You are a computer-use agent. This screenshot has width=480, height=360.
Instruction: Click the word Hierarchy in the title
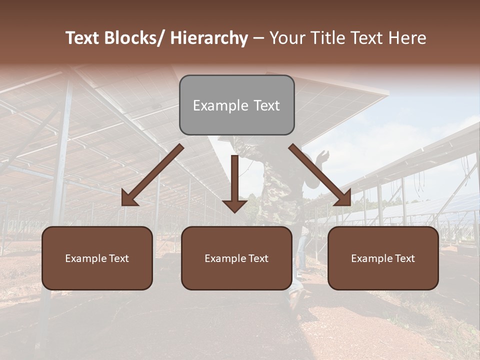pos(209,38)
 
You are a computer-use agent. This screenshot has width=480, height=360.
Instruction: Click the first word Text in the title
pos(83,38)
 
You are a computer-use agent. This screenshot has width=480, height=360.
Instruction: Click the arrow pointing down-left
pos(152,175)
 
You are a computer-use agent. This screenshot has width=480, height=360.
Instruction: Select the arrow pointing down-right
pos(320,175)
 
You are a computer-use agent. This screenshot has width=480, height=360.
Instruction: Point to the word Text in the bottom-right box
pos(404,258)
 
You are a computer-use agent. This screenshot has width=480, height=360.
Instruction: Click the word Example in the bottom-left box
pos(86,258)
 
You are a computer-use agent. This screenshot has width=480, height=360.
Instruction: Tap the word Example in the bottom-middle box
pos(225,258)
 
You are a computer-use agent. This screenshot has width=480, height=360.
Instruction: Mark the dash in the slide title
pos(258,38)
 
